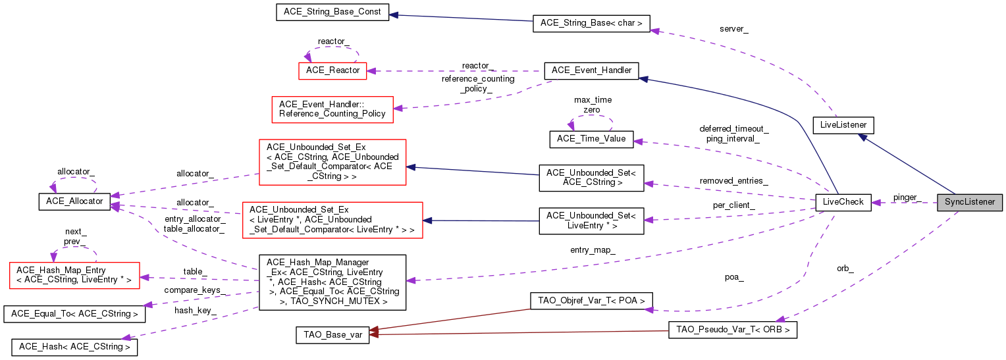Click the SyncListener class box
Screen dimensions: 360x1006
point(970,203)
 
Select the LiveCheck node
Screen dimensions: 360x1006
point(843,203)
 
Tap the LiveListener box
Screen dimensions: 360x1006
point(843,124)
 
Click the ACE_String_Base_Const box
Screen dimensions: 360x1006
point(332,12)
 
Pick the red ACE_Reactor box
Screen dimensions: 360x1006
point(332,70)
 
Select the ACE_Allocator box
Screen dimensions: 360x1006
point(74,201)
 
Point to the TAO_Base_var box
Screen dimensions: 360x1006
point(332,334)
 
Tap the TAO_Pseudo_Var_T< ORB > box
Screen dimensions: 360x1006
point(732,330)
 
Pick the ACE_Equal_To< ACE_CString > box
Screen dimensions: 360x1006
point(74,314)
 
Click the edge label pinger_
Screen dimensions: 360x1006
point(907,197)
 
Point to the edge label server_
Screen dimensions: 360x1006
point(733,30)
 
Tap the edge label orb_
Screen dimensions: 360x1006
point(845,269)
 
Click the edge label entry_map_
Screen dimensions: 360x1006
point(593,250)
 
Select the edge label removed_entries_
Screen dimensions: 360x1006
point(733,180)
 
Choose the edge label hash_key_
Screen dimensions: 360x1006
point(195,311)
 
